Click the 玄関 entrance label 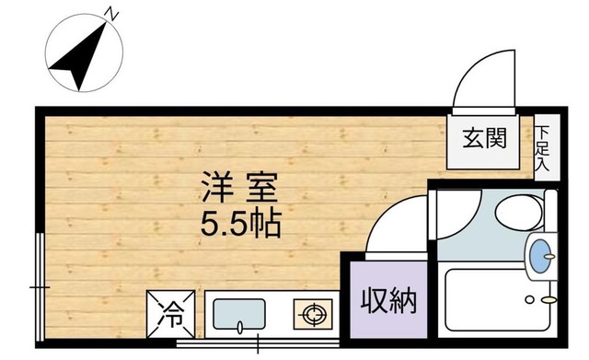484,139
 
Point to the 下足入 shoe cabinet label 543,150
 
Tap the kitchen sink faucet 239,327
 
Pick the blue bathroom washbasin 541,250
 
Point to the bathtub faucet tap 549,299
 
